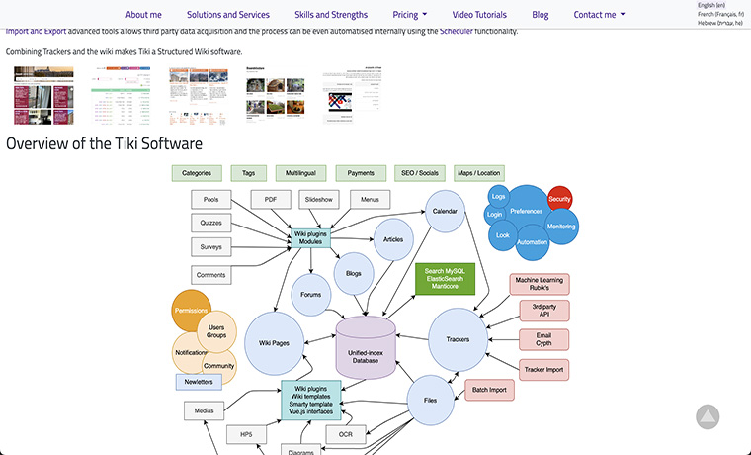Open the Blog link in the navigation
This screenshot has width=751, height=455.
[540, 15]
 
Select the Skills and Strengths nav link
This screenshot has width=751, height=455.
[331, 15]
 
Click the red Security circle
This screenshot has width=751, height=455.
[559, 200]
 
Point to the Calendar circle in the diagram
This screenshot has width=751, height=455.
[445, 212]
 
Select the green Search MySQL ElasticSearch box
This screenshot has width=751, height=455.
[444, 279]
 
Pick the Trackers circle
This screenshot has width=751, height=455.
[458, 339]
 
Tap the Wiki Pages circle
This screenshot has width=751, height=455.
[273, 342]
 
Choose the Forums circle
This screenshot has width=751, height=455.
[311, 293]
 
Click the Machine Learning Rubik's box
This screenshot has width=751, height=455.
[540, 284]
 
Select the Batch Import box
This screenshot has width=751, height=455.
[490, 390]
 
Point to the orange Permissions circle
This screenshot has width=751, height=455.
[190, 310]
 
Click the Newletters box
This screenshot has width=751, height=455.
[199, 382]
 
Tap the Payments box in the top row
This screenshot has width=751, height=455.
[361, 173]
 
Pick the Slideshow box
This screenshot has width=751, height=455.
[319, 199]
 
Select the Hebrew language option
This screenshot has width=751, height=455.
[719, 24]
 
